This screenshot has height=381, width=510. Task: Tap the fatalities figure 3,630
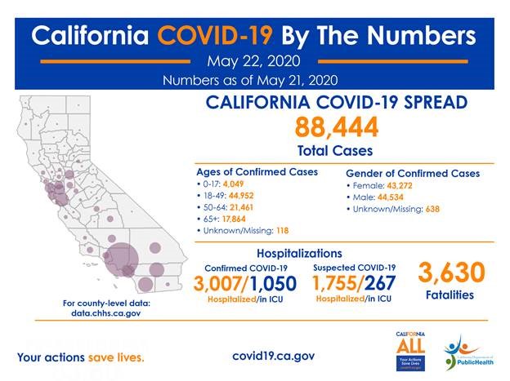click(451, 272)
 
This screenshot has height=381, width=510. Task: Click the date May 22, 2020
click(254, 61)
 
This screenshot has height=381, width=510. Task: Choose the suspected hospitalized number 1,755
click(337, 283)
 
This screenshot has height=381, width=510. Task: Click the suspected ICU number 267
click(381, 283)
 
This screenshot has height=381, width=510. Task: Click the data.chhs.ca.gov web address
click(106, 313)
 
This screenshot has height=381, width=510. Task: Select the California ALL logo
click(409, 349)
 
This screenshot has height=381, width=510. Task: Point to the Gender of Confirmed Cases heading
click(413, 174)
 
